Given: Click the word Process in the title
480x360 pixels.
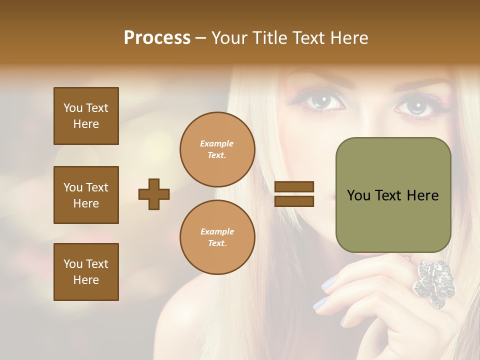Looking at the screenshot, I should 157,38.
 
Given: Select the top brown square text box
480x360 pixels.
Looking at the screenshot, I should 86,116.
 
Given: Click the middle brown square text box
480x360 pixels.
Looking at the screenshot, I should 86,195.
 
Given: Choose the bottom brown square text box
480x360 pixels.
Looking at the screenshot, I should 86,272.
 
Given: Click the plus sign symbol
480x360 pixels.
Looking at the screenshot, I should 154,194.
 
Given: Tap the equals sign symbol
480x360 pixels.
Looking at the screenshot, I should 294,194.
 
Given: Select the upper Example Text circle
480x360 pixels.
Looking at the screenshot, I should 217,149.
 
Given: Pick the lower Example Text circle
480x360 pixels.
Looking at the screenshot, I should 217,237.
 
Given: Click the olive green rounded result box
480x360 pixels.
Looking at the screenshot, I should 393,195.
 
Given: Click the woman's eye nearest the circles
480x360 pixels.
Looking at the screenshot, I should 323,101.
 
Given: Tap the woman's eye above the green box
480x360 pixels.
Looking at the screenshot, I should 415,106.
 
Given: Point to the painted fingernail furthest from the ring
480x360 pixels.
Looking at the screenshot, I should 319,303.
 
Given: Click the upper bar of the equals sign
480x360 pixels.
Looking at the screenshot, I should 294,187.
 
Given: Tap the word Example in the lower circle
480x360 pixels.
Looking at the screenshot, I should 217,231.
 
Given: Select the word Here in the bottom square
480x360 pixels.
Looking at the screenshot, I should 86,280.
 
